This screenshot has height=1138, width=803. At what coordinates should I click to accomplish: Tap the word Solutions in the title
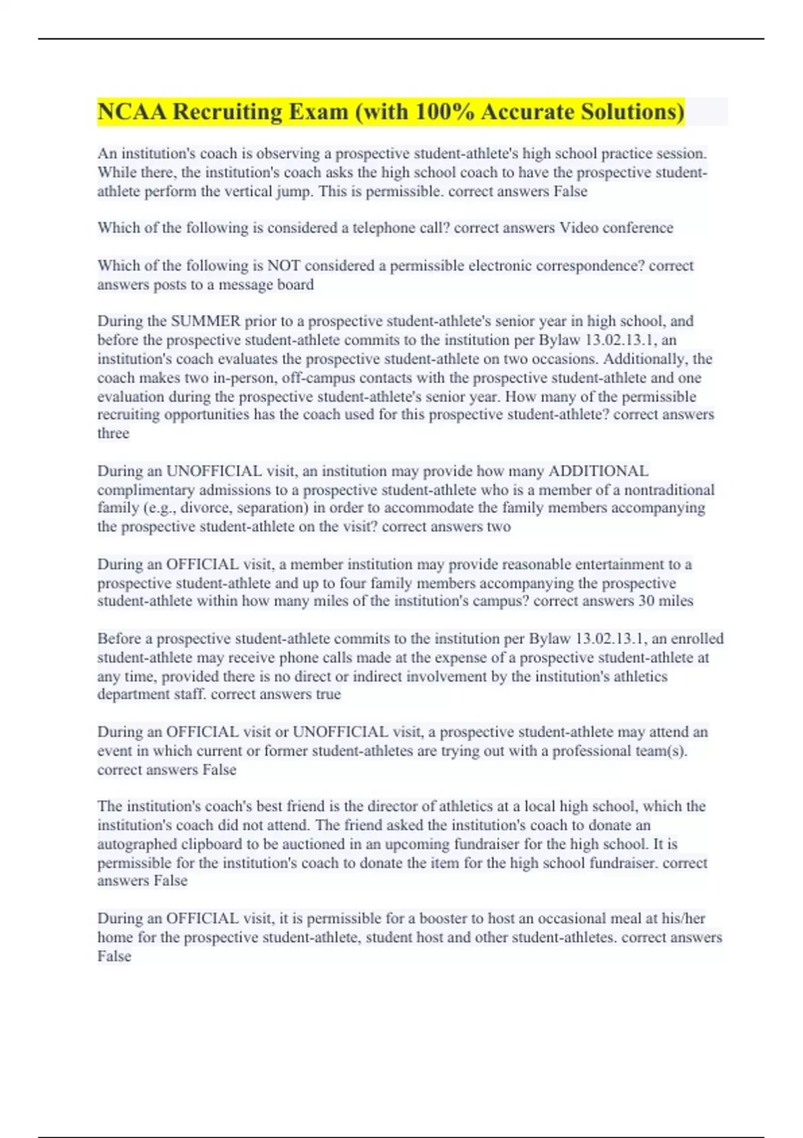[x=632, y=112]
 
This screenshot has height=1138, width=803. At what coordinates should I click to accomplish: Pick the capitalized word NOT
[x=284, y=266]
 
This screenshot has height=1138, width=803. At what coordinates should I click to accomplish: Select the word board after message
[x=296, y=284]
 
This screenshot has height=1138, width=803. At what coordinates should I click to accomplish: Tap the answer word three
[x=113, y=433]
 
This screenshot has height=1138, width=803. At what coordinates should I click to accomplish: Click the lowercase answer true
[x=328, y=694]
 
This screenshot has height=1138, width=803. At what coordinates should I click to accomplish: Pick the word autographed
[x=137, y=844]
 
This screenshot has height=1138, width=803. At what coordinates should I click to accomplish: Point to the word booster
[x=443, y=918]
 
